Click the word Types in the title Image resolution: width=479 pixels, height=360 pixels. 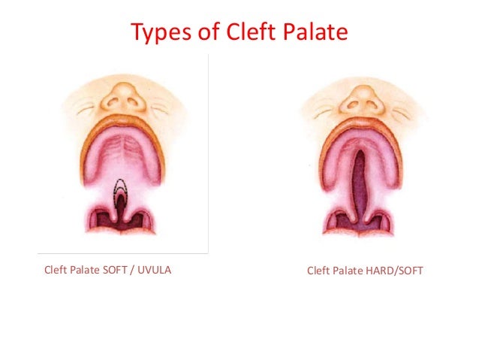[160, 33]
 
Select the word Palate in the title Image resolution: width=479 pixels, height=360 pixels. [315, 33]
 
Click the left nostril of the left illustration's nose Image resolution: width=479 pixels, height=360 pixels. [113, 103]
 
